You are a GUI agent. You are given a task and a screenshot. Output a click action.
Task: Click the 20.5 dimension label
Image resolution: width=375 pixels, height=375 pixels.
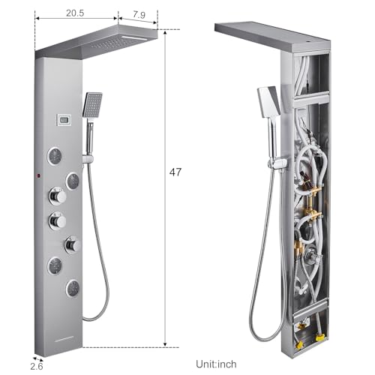pos(75,13)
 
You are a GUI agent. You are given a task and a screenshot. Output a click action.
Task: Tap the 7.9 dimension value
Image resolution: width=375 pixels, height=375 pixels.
pos(139,15)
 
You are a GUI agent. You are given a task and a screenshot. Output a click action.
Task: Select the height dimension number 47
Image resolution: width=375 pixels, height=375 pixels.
pos(175,172)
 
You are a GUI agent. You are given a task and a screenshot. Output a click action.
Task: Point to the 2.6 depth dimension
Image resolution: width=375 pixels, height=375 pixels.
pos(37,366)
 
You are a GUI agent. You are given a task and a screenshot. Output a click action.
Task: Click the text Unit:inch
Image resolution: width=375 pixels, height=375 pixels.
pos(216,364)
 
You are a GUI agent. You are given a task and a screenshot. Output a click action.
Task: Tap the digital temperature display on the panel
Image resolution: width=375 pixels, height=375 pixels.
pos(64,119)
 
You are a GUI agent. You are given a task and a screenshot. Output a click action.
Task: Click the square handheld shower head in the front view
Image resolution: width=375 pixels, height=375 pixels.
pos(92,105)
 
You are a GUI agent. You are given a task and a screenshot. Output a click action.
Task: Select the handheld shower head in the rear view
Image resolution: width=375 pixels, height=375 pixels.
pos(268,101)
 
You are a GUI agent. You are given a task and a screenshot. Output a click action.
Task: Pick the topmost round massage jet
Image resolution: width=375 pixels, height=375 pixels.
pos(55,156)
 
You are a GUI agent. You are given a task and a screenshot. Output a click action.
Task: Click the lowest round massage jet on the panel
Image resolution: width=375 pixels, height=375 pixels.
pos(73,289)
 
